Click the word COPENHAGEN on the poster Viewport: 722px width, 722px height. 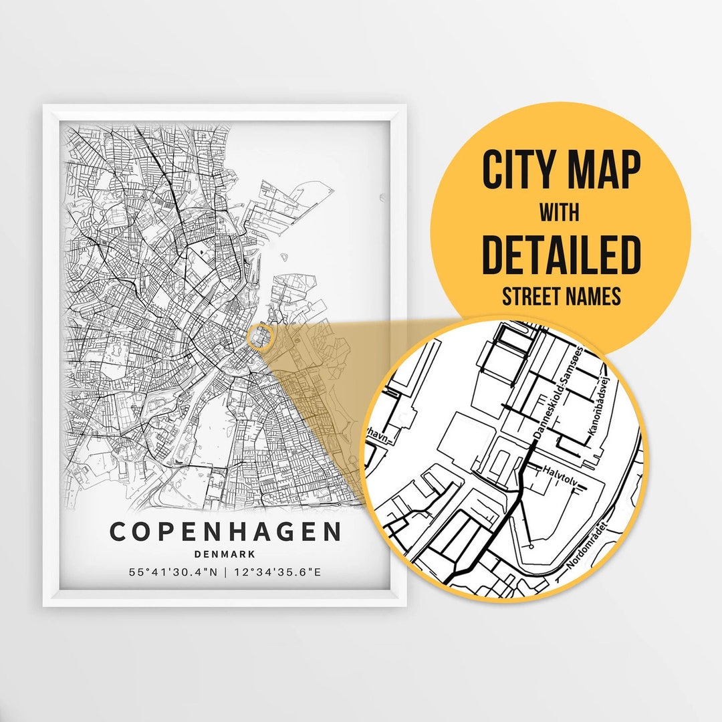225,532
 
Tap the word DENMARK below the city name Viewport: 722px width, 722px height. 225,554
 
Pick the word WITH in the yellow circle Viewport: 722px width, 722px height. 560,213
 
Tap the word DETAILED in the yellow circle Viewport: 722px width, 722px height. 561,254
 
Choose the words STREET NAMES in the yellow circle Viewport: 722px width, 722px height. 561,295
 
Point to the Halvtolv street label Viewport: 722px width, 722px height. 560,470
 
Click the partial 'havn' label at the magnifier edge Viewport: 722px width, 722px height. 376,435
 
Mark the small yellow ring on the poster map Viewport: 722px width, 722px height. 259,337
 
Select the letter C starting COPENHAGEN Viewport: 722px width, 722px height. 118,532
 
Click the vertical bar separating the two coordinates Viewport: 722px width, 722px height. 225,572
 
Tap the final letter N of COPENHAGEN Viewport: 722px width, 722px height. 332,532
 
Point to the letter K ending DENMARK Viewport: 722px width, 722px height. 251,554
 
